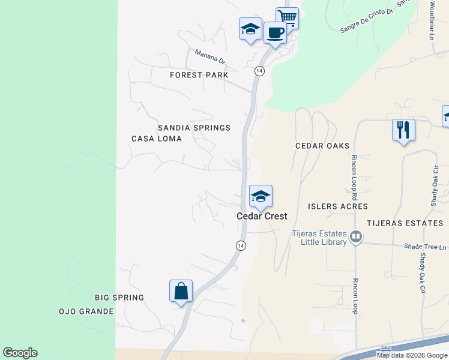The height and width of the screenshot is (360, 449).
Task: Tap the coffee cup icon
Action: coord(275,32)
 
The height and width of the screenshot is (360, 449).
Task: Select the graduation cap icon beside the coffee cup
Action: coord(250,29)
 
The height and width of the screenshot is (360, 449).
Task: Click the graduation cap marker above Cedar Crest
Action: coord(261,196)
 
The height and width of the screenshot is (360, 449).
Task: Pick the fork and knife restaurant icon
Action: coord(403,130)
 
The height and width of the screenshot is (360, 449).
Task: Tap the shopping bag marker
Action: coord(181,291)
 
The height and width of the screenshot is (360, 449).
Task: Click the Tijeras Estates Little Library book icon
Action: coord(356,237)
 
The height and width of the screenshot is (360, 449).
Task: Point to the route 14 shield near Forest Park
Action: coord(259,71)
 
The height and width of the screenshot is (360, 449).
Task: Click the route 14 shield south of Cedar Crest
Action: coord(240,245)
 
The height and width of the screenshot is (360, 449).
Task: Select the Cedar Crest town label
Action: coord(262,216)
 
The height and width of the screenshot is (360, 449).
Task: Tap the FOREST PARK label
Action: coord(199,75)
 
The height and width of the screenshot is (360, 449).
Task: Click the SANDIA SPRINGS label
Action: coord(194,128)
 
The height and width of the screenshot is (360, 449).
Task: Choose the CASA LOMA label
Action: coord(156,139)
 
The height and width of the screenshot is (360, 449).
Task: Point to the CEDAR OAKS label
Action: coord(322,146)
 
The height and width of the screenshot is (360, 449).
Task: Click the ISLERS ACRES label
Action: coord(337,206)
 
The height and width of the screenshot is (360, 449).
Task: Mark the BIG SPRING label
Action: coord(119,298)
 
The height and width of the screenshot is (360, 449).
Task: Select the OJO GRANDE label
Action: coord(86,311)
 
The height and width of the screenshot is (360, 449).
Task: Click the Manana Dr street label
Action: coord(209,57)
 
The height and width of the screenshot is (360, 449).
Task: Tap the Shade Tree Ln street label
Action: coord(426,247)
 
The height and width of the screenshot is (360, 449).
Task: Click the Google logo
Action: coord(20,353)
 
